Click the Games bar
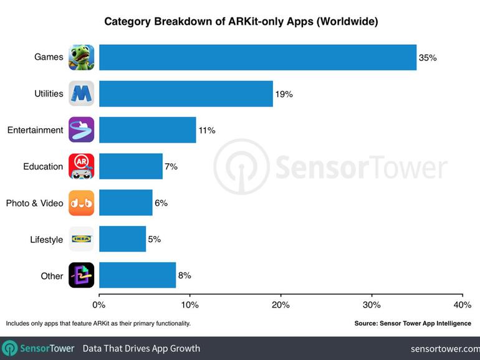pyautogui.click(x=257, y=57)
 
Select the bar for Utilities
pyautogui.click(x=186, y=93)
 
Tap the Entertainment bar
pyautogui.click(x=147, y=130)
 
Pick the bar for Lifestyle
pyautogui.click(x=122, y=239)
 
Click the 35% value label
pyautogui.click(x=428, y=58)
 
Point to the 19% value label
pyautogui.click(x=284, y=94)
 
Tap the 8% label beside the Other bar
pyautogui.click(x=184, y=275)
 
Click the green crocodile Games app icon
pyautogui.click(x=81, y=57)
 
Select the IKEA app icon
pyautogui.click(x=81, y=239)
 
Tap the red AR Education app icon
pyautogui.click(x=81, y=166)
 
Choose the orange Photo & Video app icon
pyautogui.click(x=81, y=203)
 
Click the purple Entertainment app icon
pyautogui.click(x=81, y=130)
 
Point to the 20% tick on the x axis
pyautogui.click(x=281, y=305)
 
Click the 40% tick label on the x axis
pyautogui.click(x=462, y=305)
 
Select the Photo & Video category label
pyautogui.click(x=34, y=203)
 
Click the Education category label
pyautogui.click(x=43, y=166)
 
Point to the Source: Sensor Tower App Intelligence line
pyautogui.click(x=413, y=323)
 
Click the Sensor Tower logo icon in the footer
pyautogui.click(x=9, y=348)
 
